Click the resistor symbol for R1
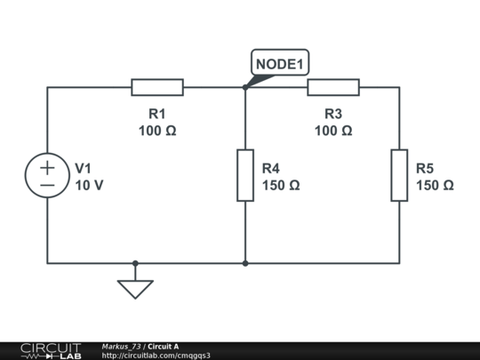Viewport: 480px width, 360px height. point(157,87)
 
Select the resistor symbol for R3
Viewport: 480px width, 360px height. point(333,87)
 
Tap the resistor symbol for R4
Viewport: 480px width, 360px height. point(245,175)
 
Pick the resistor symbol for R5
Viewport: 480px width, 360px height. point(399,175)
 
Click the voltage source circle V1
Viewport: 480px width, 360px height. point(47,175)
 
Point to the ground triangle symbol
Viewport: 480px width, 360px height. point(135,289)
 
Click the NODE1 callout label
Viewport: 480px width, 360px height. point(280,64)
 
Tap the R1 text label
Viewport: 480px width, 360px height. point(157,114)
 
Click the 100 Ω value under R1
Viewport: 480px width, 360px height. point(157,131)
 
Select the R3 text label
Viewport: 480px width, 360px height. point(333,114)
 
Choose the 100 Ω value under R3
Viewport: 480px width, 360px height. point(333,131)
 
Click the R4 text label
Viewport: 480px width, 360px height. point(271,168)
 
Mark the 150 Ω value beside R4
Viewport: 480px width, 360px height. point(281,186)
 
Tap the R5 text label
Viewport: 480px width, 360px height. point(425,168)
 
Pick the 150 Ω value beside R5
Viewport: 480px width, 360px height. point(435,186)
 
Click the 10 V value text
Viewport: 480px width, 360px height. point(89,186)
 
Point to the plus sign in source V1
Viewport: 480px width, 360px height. point(47,166)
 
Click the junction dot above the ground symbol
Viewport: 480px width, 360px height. point(135,263)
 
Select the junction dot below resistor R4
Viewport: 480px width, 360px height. point(245,263)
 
